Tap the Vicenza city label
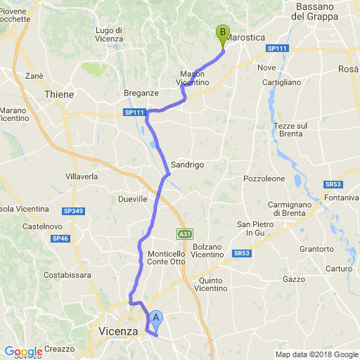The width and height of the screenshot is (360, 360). [119, 330]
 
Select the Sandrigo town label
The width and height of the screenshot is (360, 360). [187, 165]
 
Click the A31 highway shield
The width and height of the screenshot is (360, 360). [184, 233]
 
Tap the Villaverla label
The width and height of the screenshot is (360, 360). [82, 176]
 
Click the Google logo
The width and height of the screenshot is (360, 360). [22, 352]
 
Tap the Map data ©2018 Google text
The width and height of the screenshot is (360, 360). [316, 354]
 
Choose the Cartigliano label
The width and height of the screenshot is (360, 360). [281, 82]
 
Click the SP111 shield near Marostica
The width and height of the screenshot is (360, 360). [277, 49]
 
